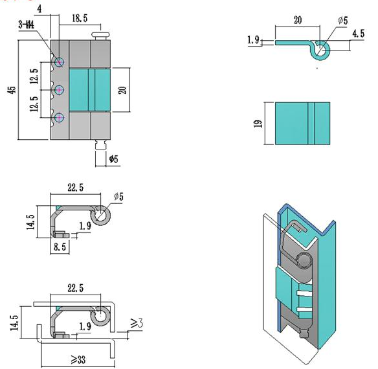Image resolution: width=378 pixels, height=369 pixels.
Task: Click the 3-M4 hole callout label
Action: coord(27,25)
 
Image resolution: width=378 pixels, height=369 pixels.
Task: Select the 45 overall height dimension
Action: coord(12,90)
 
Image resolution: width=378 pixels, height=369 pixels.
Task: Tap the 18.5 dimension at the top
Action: coord(80,18)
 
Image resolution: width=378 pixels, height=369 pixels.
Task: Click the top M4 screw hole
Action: coord(59,62)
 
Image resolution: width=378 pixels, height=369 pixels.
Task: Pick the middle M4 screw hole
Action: coord(59,90)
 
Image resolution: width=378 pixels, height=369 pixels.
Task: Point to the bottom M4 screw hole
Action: coord(59,118)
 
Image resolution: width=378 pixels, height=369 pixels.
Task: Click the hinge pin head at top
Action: coord(101,36)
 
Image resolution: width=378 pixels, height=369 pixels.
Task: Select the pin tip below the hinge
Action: coord(100,145)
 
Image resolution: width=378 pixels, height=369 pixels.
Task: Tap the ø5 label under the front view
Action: coord(114,159)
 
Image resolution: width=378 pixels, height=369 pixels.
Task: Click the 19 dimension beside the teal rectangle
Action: coord(258,124)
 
